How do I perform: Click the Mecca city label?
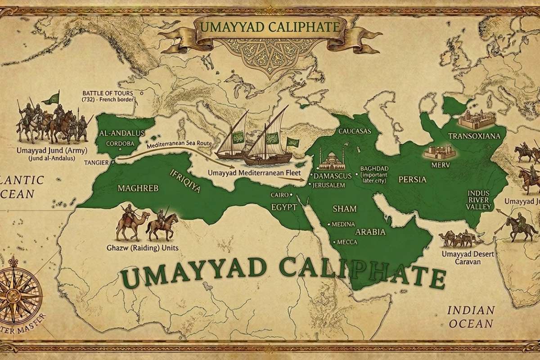pos(346,242)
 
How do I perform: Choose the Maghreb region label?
pos(131,188)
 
